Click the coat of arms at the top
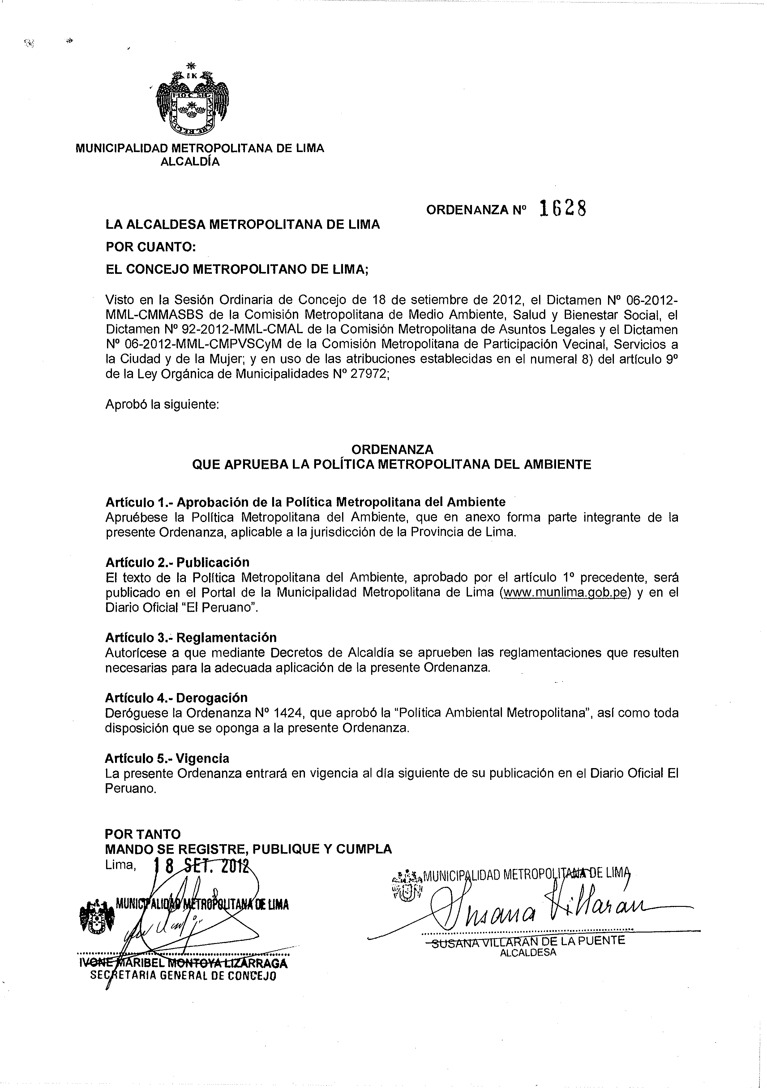[x=193, y=101]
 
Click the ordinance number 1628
[x=563, y=209]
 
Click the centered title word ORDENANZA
[x=392, y=449]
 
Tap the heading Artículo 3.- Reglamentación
[x=191, y=637]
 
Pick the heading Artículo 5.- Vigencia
[x=167, y=758]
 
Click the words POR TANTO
[x=143, y=834]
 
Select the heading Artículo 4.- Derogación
[x=176, y=698]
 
